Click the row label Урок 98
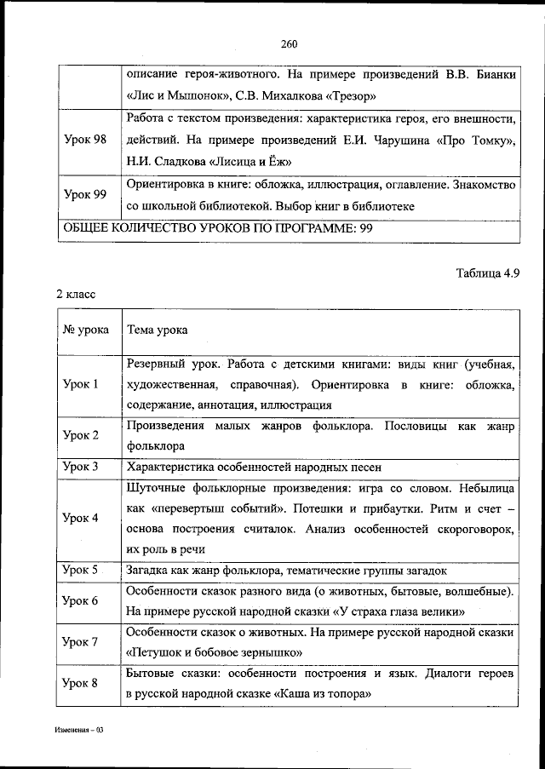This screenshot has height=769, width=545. (x=85, y=140)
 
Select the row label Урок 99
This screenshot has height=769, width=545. (x=85, y=195)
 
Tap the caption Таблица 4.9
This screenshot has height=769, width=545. (x=487, y=273)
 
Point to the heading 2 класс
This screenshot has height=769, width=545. (x=76, y=294)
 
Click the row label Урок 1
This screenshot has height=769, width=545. (x=82, y=384)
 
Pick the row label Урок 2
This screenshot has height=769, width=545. (x=82, y=435)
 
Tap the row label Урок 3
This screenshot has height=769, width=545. (x=82, y=467)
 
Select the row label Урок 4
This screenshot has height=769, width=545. (x=82, y=518)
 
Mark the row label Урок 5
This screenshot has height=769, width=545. (x=82, y=570)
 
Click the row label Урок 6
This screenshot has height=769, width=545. (x=82, y=600)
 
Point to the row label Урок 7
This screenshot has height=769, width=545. (x=82, y=641)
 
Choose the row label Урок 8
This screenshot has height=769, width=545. (x=82, y=683)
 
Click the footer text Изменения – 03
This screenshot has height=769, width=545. (x=79, y=731)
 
